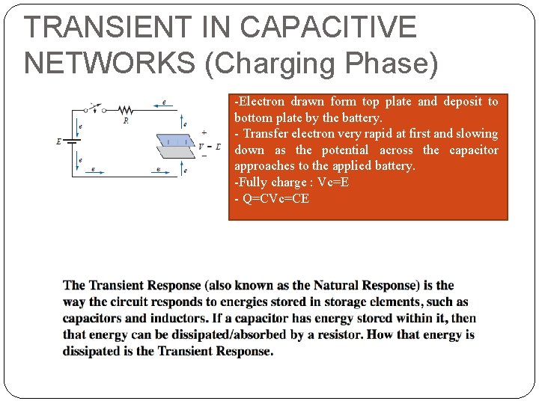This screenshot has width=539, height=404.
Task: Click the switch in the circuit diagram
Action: coord(93,108)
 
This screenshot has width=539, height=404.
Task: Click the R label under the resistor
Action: coord(125,120)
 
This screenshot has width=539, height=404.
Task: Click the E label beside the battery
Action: coord(59,141)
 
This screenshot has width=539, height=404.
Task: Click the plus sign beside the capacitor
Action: coord(204,132)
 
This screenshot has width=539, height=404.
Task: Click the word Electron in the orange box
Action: coord(262,102)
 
